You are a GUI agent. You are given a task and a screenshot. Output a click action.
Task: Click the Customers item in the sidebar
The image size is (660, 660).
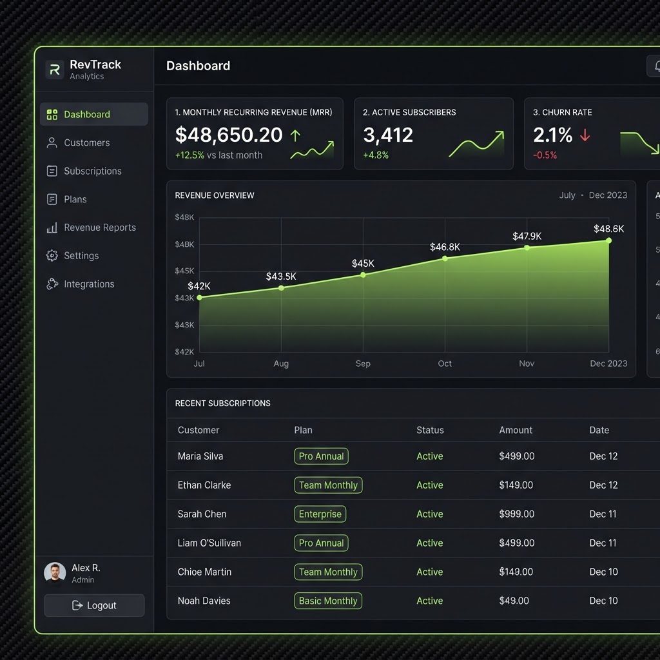78,142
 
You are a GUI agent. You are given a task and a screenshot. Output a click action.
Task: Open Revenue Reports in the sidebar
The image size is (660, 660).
92,228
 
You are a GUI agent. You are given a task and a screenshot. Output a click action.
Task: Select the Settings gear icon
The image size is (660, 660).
52,255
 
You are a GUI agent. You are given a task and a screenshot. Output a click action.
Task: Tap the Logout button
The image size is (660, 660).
94,605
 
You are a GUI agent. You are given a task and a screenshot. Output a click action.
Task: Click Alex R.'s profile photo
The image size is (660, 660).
55,573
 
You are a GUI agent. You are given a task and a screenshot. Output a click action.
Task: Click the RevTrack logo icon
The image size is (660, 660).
55,70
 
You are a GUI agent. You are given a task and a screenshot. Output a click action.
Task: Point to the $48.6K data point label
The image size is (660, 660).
608,229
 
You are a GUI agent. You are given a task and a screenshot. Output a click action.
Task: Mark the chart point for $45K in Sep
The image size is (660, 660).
363,275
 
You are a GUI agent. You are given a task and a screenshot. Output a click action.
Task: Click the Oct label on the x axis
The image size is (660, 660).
445,364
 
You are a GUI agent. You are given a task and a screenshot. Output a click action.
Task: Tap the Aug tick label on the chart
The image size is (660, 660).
281,364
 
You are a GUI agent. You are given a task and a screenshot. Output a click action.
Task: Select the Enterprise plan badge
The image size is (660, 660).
320,514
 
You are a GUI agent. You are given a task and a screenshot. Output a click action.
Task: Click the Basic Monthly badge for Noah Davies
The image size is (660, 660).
328,601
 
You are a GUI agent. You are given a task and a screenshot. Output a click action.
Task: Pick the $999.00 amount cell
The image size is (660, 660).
516,514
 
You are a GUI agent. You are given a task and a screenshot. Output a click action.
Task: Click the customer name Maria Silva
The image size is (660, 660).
200,456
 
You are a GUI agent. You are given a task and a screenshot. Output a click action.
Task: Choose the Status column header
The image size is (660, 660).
430,430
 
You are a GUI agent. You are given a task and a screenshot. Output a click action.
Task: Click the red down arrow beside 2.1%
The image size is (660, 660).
585,135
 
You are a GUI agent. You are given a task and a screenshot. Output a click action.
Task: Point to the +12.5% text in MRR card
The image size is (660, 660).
189,155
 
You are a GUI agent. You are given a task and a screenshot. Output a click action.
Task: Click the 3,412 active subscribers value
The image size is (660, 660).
388,135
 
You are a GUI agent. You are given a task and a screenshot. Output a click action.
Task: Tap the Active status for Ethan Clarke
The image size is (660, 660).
430,485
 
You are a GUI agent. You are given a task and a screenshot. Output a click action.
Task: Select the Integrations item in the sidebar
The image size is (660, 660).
81,284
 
